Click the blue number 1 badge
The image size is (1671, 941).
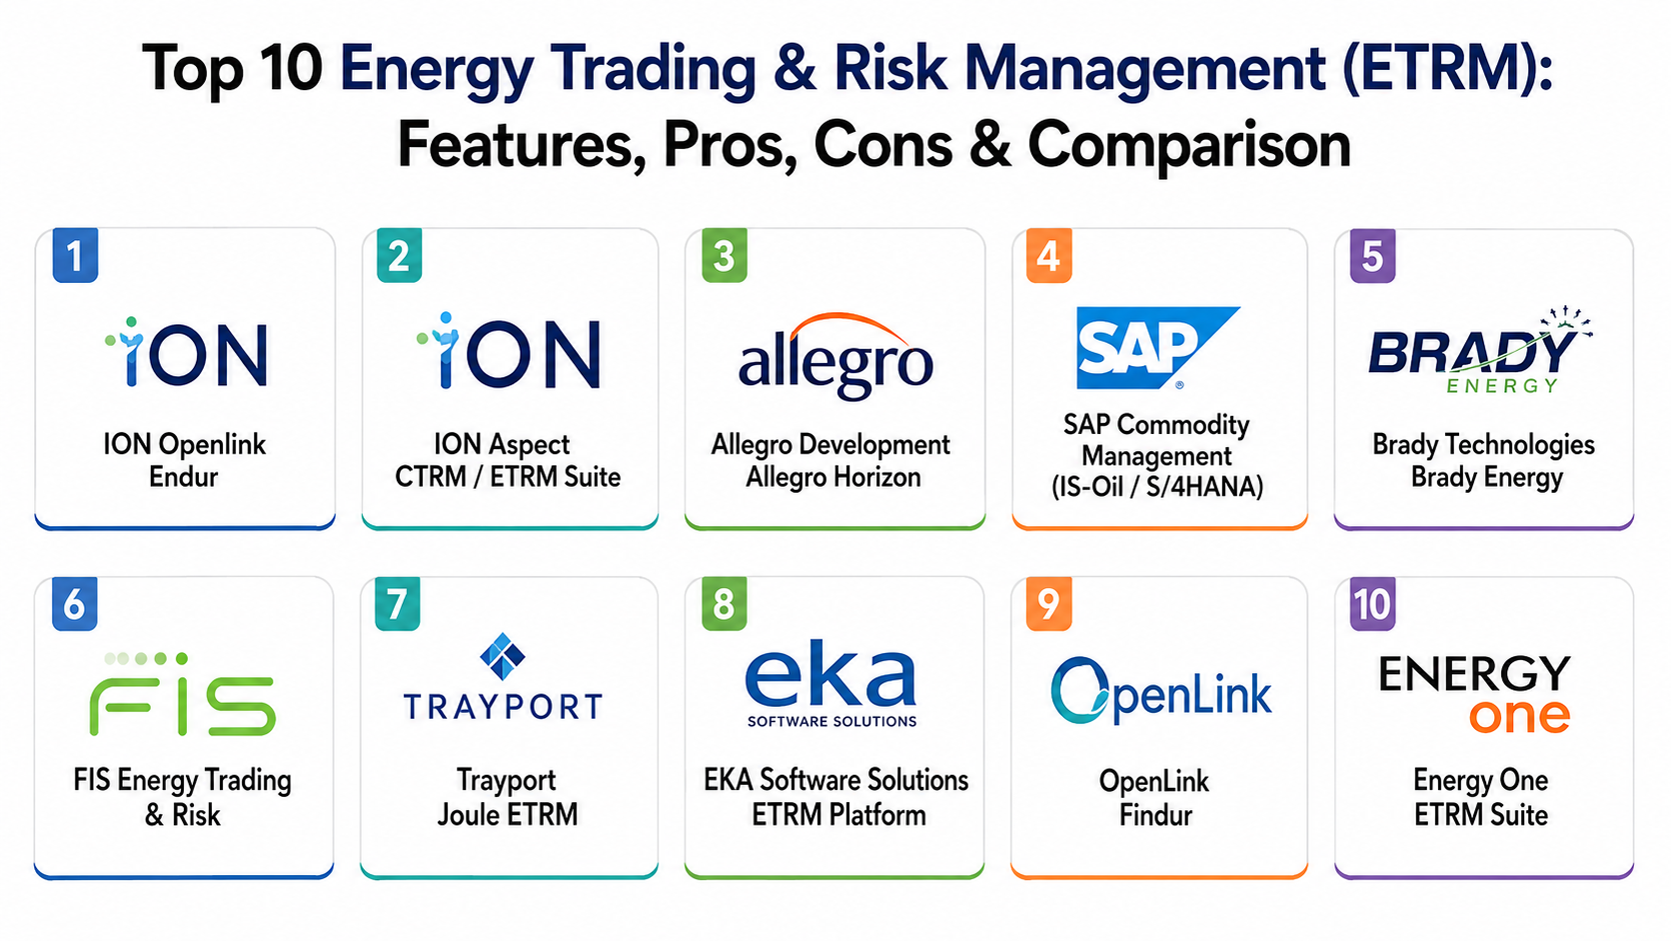[x=75, y=255]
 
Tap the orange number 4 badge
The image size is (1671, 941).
[x=1048, y=255]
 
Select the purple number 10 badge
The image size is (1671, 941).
[x=1372, y=604]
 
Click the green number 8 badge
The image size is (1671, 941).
[x=725, y=604]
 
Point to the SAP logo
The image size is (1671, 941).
[x=1157, y=348]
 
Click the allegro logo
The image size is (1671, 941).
[x=835, y=355]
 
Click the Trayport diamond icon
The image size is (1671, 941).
[x=503, y=657]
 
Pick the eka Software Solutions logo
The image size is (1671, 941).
[x=832, y=684]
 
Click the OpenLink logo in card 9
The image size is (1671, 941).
[x=1160, y=691]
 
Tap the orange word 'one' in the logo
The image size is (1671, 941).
[x=1519, y=716]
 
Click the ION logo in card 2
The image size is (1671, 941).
[x=509, y=351]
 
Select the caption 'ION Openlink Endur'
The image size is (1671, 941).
[x=184, y=460]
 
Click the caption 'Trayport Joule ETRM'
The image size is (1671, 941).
[x=508, y=797]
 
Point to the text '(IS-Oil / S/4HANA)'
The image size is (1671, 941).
[x=1157, y=487]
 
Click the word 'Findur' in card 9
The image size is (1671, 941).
[x=1155, y=815]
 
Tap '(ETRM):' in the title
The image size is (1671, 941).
[x=1447, y=69]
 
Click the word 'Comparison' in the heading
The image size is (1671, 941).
[x=1189, y=145]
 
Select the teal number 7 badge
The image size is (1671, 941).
[x=398, y=604]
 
